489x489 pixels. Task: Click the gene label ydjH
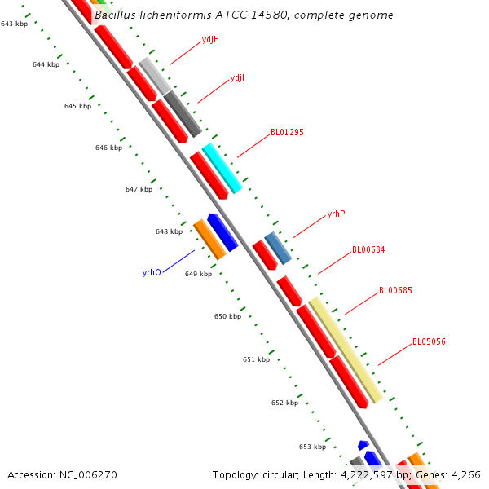(209, 39)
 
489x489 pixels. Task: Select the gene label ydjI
(237, 78)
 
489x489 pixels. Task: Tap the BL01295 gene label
(287, 132)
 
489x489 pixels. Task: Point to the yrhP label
(336, 214)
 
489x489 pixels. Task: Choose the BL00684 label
(368, 250)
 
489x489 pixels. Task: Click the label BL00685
(395, 291)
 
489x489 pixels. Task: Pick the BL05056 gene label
(429, 342)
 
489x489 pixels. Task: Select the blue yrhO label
(152, 273)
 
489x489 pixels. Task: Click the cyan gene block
(222, 168)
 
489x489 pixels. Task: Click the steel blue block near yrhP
(278, 248)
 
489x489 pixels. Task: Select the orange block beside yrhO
(209, 240)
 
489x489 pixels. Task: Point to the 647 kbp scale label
(139, 189)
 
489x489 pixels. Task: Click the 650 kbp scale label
(227, 316)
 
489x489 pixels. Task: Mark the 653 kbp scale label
(312, 447)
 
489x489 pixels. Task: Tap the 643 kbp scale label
(14, 24)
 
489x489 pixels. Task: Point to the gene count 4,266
(466, 474)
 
